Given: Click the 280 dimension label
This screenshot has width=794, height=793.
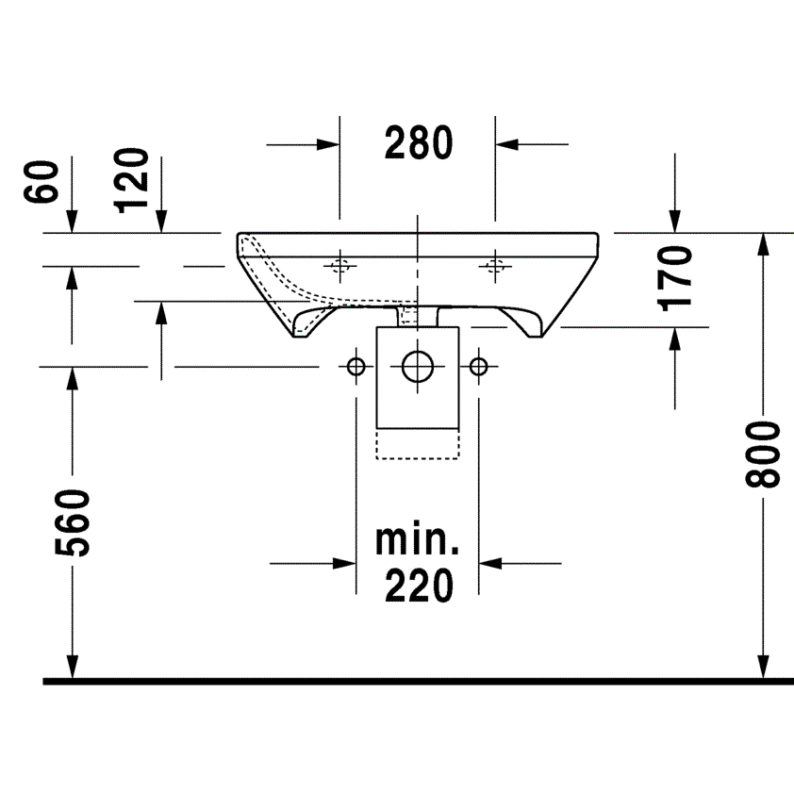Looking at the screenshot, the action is pos(419,142).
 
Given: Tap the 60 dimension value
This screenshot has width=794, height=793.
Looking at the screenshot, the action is pos(41,182).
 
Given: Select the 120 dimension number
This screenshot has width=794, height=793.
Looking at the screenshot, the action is pos(132,180).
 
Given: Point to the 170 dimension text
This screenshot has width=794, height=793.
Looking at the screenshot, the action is pos(674,278).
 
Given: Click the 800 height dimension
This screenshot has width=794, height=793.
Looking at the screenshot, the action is pos(763,454).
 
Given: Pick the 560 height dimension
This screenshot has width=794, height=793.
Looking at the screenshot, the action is pos(73,522).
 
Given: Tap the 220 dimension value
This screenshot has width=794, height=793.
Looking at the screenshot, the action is pos(419,585).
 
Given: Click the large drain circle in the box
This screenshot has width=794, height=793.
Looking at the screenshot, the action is pos(418,366).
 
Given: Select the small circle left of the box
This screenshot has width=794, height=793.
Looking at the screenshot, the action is pos(356,366).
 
